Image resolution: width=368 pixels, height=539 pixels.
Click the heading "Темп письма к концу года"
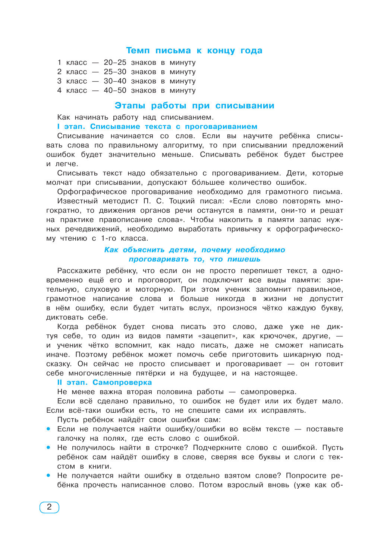194,51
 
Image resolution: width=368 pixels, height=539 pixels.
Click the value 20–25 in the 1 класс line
115,63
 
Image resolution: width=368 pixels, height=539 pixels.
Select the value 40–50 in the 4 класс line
115,91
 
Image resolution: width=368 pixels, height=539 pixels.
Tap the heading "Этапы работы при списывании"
194,106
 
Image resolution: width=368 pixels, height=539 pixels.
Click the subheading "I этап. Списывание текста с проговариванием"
157,127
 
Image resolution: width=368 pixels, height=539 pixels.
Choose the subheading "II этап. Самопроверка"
104,383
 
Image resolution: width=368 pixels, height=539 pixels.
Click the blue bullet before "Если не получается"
48,429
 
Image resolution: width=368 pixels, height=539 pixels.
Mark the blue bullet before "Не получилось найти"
48,448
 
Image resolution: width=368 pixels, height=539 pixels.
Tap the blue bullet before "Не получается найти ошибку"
48,476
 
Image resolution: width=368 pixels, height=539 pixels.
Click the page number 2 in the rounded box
49,507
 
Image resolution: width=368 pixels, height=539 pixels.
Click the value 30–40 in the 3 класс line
115,81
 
